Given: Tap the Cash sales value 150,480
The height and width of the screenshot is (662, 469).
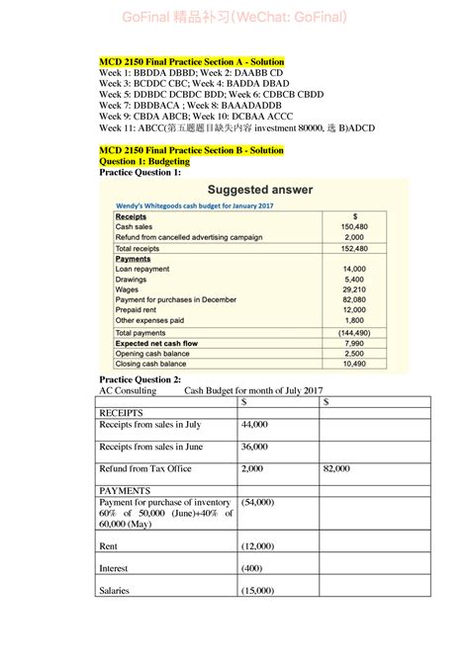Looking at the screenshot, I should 353,226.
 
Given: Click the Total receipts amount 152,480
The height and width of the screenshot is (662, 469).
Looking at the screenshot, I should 353,249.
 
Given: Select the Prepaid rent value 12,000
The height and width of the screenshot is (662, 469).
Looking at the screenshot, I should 353,310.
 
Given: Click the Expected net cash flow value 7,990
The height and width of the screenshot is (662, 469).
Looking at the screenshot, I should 353,343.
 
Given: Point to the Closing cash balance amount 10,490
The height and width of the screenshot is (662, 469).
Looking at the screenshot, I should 353,364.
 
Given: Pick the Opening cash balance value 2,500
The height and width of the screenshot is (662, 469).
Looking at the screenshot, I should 353,353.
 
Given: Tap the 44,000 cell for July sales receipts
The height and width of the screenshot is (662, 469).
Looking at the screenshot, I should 254,424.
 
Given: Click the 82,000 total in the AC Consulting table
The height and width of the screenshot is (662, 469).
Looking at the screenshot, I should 336,469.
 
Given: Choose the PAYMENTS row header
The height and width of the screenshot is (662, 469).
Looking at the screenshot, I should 129,490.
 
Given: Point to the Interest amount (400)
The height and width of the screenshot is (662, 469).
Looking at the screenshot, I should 252,568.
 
